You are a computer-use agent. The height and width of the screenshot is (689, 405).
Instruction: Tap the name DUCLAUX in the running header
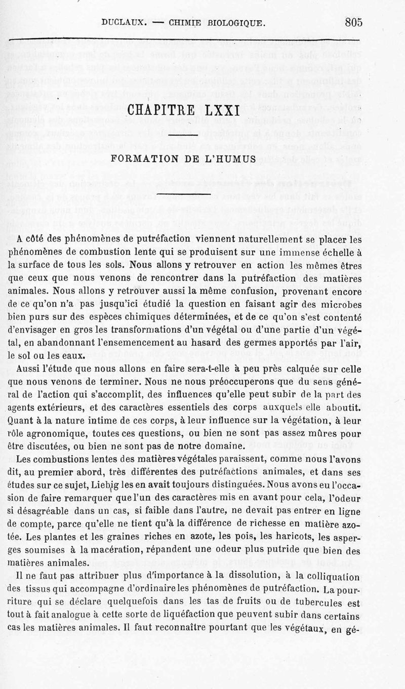(x=124, y=22)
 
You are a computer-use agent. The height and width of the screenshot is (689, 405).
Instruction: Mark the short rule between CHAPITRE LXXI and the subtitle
(x=183, y=134)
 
